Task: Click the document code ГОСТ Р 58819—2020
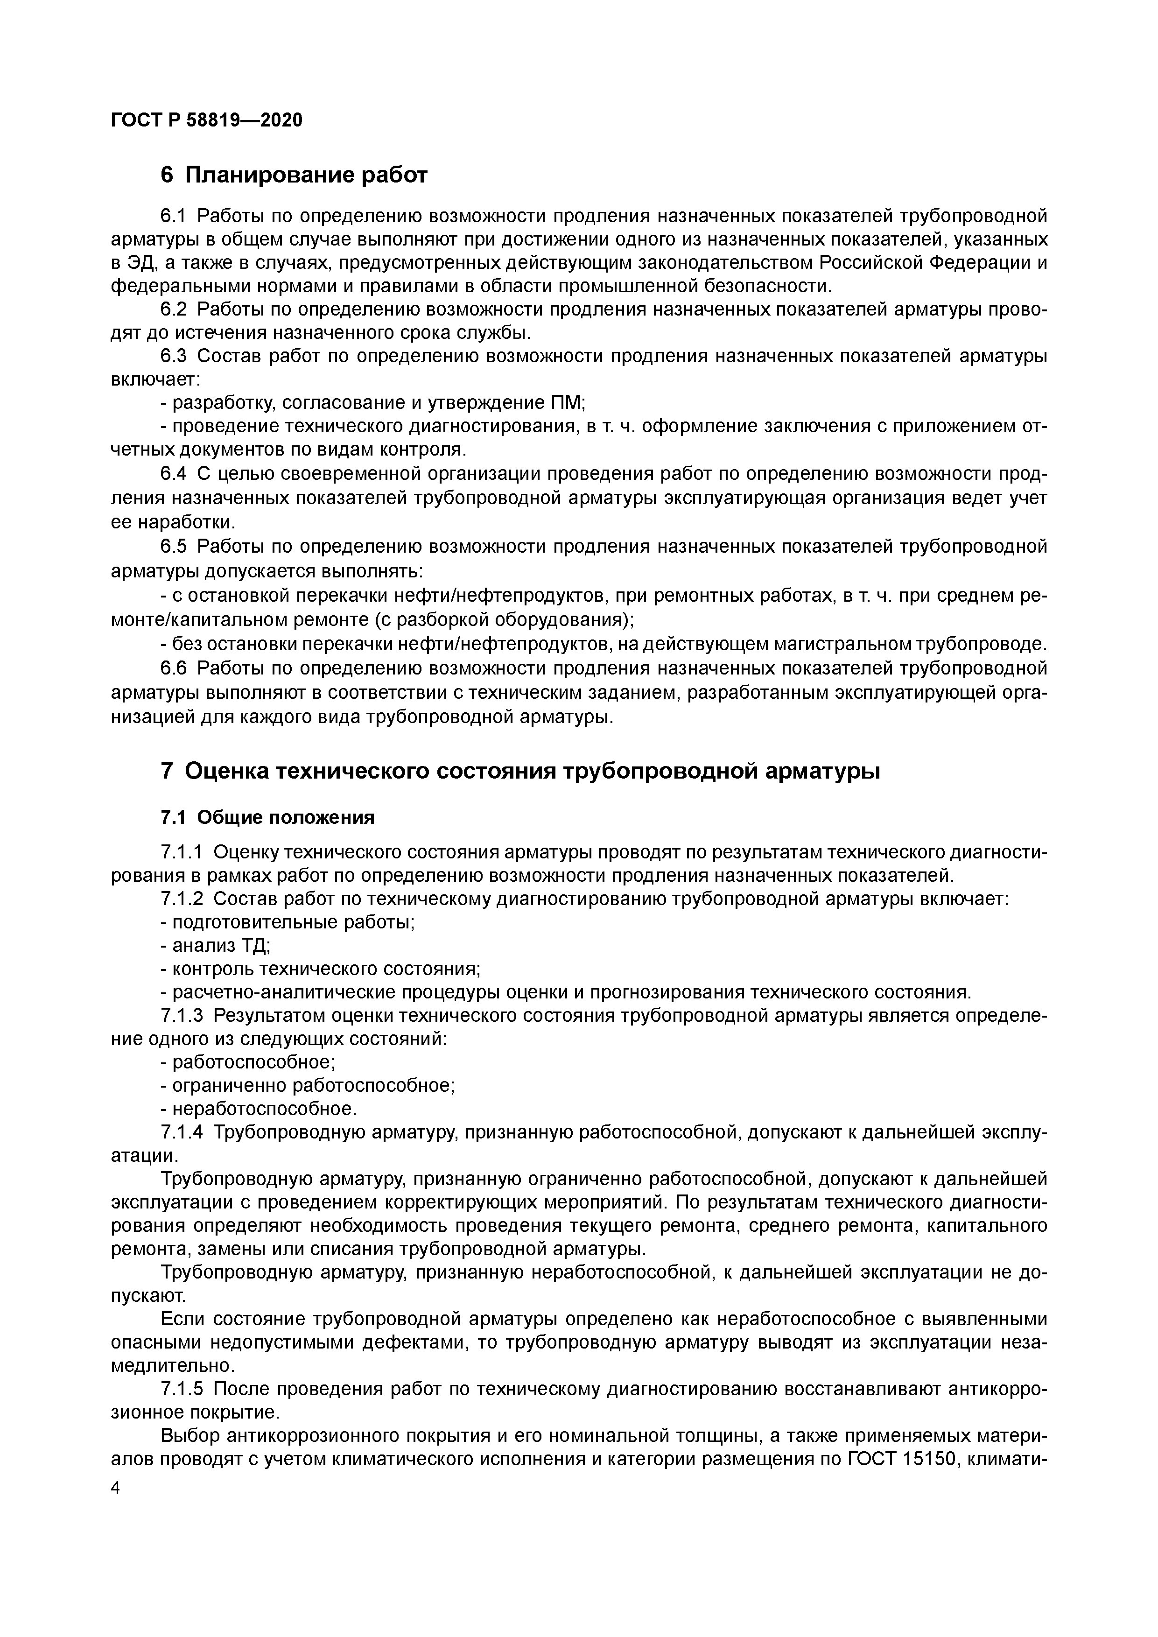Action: pyautogui.click(x=207, y=120)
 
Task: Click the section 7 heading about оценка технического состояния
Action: pyautogui.click(x=520, y=771)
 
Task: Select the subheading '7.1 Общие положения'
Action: pyautogui.click(x=267, y=817)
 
